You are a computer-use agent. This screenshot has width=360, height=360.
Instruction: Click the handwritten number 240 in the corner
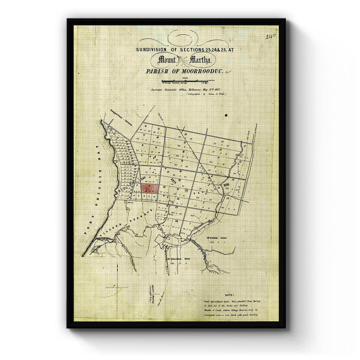pos(271,37)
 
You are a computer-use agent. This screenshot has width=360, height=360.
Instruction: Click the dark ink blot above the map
pos(226,115)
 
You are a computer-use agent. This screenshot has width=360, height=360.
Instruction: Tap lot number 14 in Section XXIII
pos(229,198)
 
